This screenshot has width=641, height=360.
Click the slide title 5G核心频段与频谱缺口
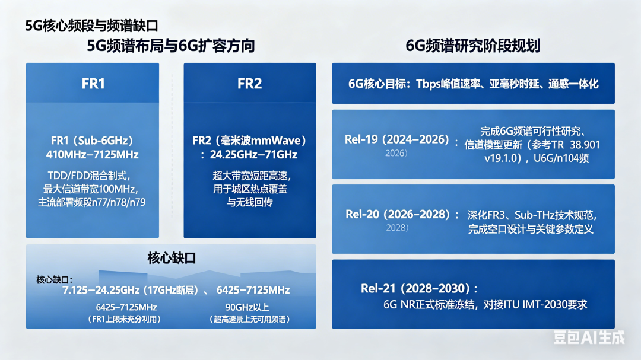click(x=91, y=26)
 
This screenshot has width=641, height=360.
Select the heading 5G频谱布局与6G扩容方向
click(x=171, y=45)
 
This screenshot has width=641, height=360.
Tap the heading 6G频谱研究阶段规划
click(x=473, y=45)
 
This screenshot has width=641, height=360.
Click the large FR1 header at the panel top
click(x=93, y=84)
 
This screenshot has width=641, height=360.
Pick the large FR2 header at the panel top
click(x=249, y=84)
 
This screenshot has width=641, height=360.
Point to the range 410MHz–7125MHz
click(x=93, y=154)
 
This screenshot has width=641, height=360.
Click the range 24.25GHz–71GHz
click(x=253, y=154)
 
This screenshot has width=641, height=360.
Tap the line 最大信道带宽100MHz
click(x=90, y=189)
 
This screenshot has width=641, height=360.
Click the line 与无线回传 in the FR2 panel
click(x=249, y=202)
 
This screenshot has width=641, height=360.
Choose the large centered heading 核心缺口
click(x=172, y=258)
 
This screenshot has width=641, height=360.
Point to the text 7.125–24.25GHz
click(x=101, y=290)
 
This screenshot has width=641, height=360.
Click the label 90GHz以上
click(x=247, y=307)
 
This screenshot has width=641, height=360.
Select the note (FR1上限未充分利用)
click(x=124, y=319)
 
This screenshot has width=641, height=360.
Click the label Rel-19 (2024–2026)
click(x=397, y=139)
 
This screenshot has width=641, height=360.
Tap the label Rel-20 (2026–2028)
click(x=397, y=214)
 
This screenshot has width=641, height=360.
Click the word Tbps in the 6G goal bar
click(x=429, y=84)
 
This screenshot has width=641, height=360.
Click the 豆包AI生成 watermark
click(x=589, y=337)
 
